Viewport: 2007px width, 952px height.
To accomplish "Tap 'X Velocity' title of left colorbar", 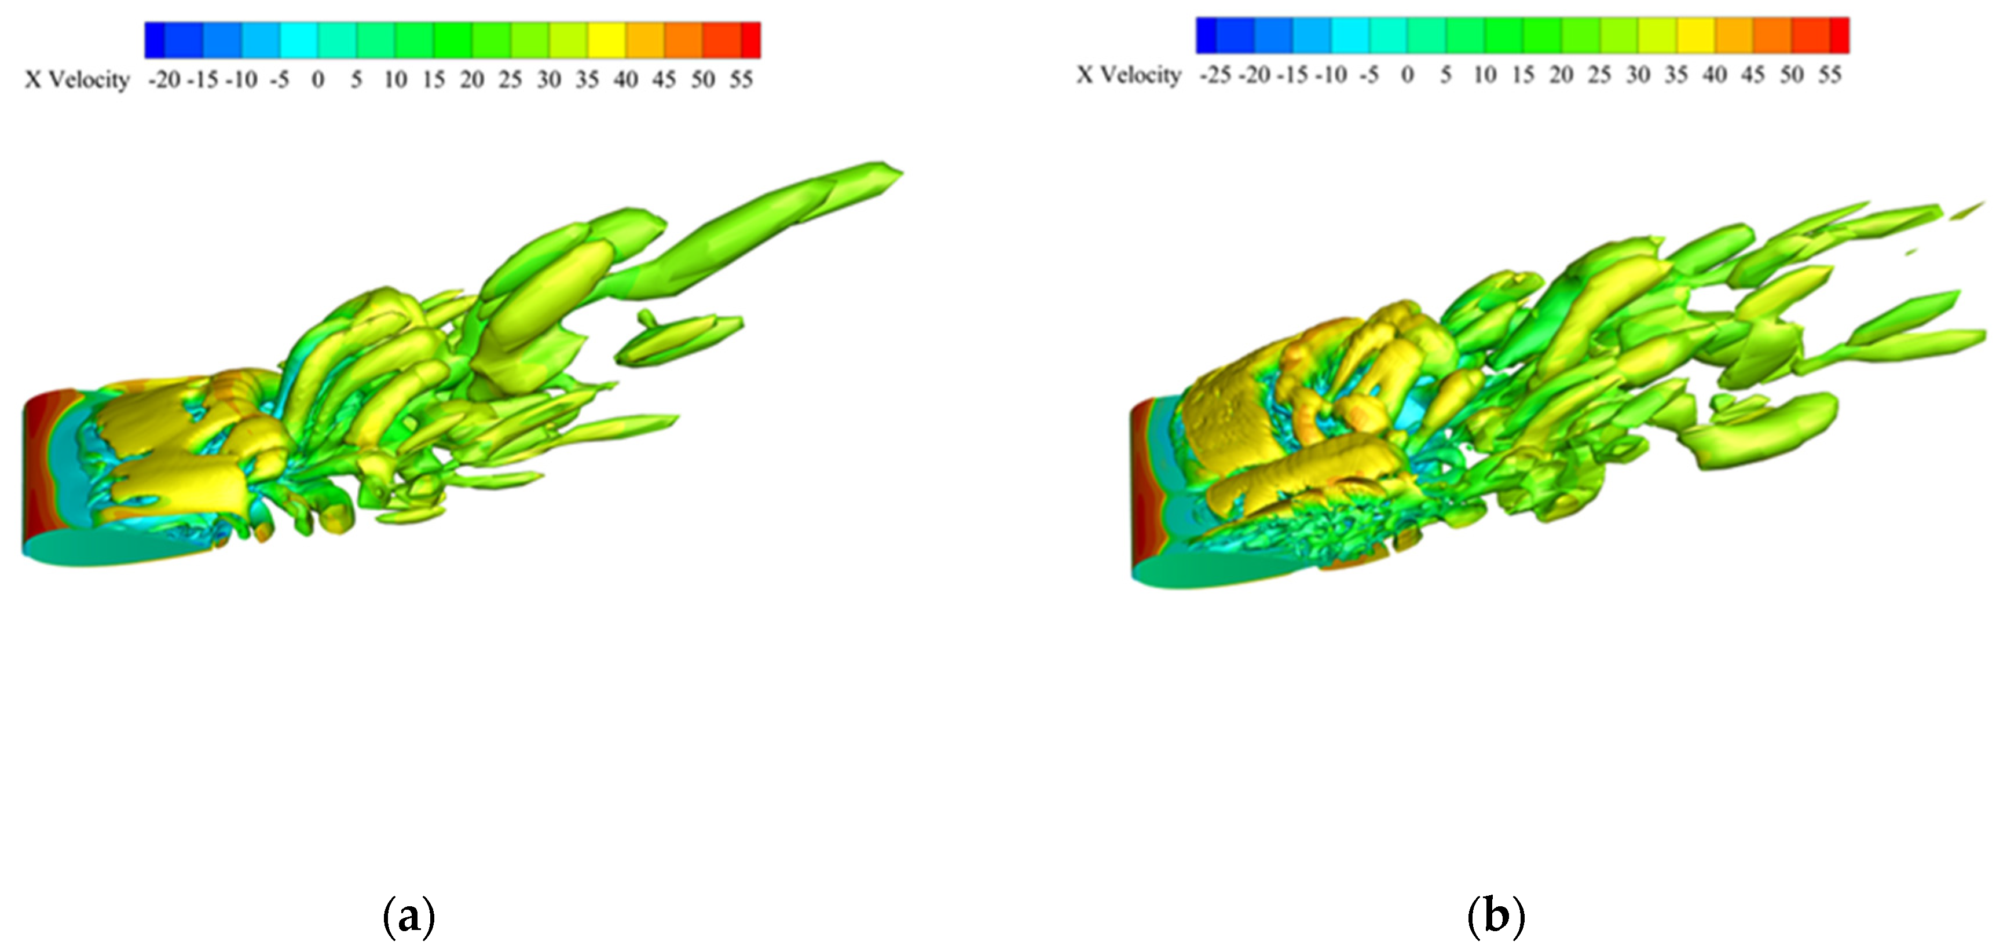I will coord(76,79).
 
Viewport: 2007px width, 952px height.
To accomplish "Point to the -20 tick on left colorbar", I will coord(164,79).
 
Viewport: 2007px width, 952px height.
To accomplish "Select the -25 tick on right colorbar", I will coord(1215,75).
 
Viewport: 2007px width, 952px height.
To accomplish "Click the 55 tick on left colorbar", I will coord(741,79).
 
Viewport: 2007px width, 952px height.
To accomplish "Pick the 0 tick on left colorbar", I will coord(318,79).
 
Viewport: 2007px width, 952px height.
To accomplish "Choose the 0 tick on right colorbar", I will coord(1407,75).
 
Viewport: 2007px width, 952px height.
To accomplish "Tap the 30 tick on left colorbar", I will coord(548,79).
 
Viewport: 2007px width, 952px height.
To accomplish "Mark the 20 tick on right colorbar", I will coord(1561,75).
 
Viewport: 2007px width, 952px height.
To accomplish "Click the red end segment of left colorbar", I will coord(750,40).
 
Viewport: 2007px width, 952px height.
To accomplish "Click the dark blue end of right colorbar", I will coord(1206,35).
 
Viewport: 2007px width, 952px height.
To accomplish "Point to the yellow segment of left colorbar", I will coord(606,40).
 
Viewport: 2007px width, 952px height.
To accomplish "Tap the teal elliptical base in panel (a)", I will coord(109,548).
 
